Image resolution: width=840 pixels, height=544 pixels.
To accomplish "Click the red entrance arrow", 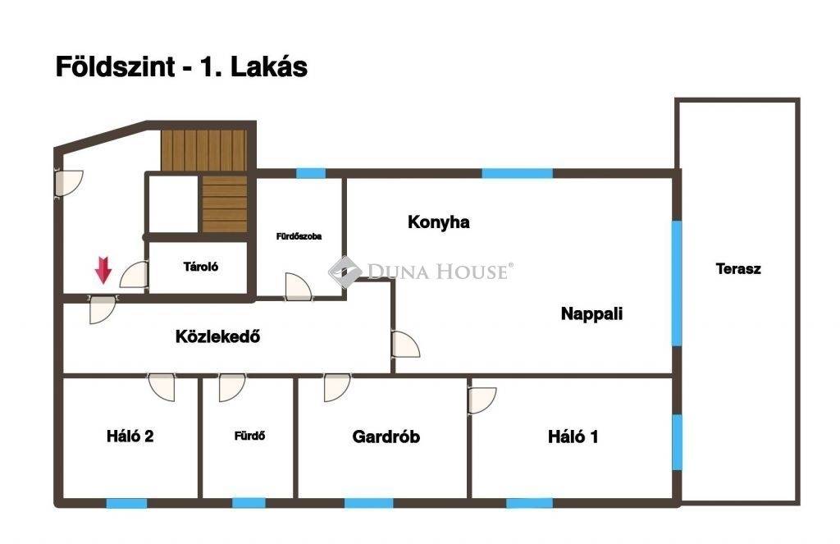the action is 103,270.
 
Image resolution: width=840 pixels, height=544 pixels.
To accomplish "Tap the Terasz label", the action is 737,268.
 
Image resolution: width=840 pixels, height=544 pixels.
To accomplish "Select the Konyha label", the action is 438,222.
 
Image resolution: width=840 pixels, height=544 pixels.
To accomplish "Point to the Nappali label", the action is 591,313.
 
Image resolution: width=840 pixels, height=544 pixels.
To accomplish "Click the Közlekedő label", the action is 217,336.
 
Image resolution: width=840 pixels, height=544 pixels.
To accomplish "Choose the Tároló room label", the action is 201,267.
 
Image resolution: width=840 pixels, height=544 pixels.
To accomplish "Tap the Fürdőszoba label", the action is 299,235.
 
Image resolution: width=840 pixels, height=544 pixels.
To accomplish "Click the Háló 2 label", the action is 130,437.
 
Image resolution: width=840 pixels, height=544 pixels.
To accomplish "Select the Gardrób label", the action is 386,437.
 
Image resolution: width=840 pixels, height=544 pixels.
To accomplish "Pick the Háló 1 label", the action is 573,437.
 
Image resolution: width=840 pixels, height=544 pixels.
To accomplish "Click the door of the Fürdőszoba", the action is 298,286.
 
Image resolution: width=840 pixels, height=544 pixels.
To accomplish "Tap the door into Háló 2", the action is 162,387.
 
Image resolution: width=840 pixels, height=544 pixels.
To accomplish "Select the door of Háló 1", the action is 482,400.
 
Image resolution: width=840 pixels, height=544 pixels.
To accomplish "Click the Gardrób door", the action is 337,387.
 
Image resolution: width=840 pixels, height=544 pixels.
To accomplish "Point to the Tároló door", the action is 134,274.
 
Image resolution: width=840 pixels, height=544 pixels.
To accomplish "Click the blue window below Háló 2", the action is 126,503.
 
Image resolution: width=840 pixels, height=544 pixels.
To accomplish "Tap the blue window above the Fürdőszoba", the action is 311,173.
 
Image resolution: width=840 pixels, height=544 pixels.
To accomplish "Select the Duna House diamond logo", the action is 345,272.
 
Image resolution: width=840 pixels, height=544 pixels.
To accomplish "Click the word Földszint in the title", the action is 116,67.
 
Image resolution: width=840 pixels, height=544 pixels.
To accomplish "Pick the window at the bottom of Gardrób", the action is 368,503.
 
